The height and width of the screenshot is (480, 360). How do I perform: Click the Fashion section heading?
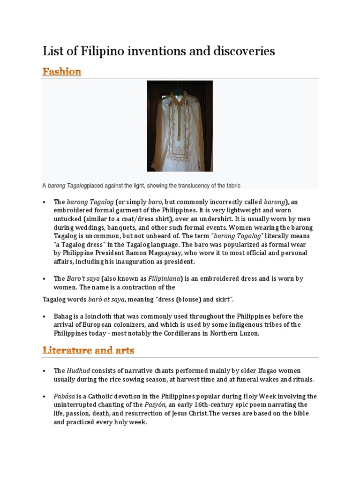point(61,72)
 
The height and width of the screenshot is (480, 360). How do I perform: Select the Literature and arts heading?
point(89,350)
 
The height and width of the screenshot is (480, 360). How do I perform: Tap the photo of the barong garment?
point(180,126)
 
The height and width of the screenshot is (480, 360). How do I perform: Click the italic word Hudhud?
point(75,371)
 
